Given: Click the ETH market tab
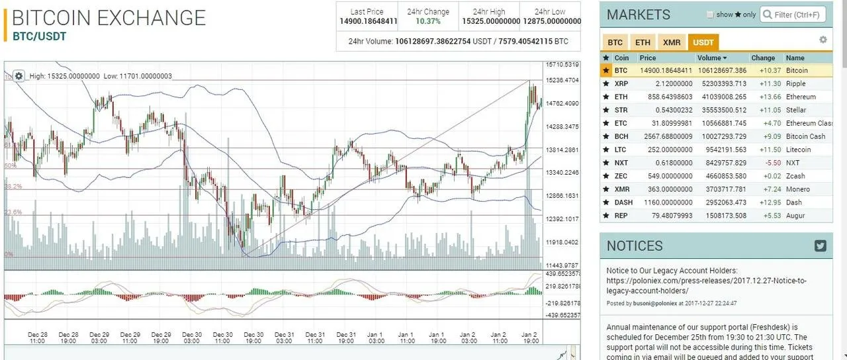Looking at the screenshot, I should [x=643, y=42].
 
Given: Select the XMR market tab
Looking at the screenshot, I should [x=672, y=42].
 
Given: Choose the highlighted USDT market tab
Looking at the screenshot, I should [x=703, y=42].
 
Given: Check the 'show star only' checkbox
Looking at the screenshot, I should [x=711, y=15].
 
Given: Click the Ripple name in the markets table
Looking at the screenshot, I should [x=795, y=84].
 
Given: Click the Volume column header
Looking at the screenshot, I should [x=712, y=58].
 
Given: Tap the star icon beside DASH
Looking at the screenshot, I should [x=606, y=202].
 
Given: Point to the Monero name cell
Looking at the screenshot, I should [x=797, y=189].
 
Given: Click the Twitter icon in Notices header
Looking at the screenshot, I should [x=821, y=246].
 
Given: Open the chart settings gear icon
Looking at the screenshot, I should [x=19, y=76].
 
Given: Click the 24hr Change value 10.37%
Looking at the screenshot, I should [x=428, y=21].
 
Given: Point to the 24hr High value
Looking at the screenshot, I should [x=490, y=21].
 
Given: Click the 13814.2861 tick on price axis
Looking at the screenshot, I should [x=562, y=150].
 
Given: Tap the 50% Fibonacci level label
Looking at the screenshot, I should [x=11, y=166].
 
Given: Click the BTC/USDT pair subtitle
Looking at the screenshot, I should [x=40, y=36].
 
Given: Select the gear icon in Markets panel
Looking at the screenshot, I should [x=823, y=40].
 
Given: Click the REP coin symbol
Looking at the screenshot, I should [x=621, y=216].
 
